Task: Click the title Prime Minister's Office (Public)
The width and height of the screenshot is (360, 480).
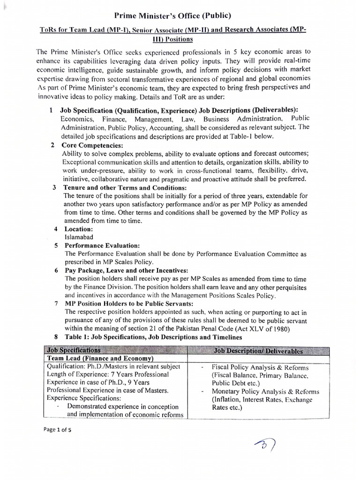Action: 180,15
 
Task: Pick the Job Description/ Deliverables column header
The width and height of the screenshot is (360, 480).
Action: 258,351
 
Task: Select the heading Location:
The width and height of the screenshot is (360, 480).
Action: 79,229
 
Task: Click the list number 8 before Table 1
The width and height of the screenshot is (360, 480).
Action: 56,337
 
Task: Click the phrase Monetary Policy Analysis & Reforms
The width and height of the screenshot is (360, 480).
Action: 265,391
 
